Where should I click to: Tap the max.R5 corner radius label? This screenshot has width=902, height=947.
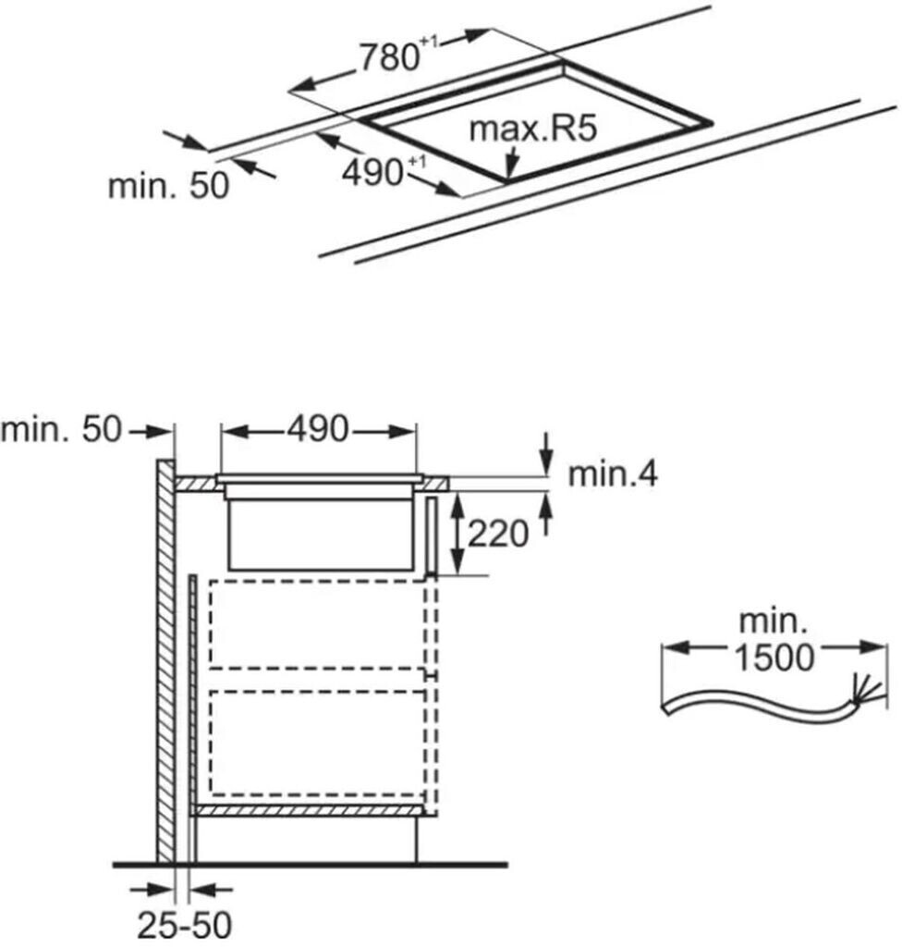(533, 128)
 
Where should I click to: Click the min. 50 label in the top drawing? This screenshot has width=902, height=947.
(168, 185)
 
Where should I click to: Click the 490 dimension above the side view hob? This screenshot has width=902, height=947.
(318, 429)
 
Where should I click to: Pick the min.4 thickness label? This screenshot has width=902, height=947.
(613, 474)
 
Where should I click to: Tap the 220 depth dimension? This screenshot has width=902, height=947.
(498, 534)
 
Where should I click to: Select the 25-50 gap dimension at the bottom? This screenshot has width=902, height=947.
(185, 924)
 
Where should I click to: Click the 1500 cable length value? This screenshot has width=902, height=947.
(774, 658)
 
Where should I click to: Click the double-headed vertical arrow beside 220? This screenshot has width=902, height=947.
(457, 534)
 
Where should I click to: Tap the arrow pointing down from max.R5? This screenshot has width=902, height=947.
(511, 161)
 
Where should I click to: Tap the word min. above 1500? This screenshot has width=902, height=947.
(774, 622)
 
